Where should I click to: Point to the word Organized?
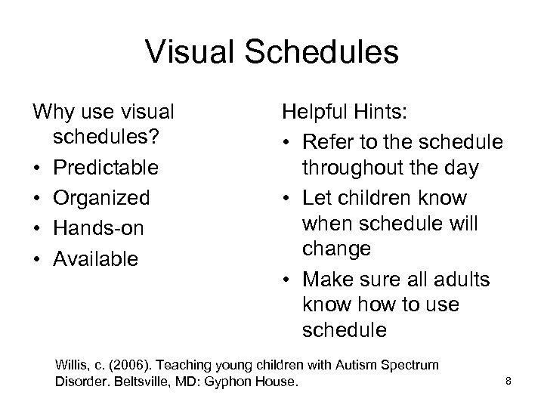pyautogui.click(x=101, y=197)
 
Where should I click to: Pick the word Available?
pyautogui.click(x=95, y=258)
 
